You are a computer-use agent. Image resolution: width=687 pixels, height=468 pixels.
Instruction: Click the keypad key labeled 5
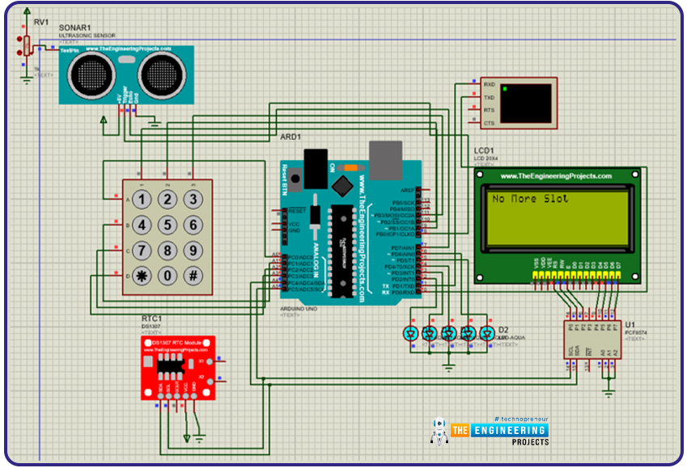[167, 225]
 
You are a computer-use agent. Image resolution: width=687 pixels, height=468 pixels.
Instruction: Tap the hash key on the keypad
[193, 275]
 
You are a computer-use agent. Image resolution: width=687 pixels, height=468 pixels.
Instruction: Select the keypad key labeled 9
[193, 250]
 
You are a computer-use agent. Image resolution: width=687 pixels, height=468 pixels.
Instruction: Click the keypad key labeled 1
[142, 200]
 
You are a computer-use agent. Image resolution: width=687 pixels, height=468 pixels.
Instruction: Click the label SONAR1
[74, 27]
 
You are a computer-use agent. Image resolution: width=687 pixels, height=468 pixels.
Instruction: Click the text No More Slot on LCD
[530, 198]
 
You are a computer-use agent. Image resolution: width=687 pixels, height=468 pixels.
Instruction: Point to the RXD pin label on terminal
[489, 84]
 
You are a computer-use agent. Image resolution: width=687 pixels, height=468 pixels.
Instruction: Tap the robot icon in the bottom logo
[439, 432]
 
